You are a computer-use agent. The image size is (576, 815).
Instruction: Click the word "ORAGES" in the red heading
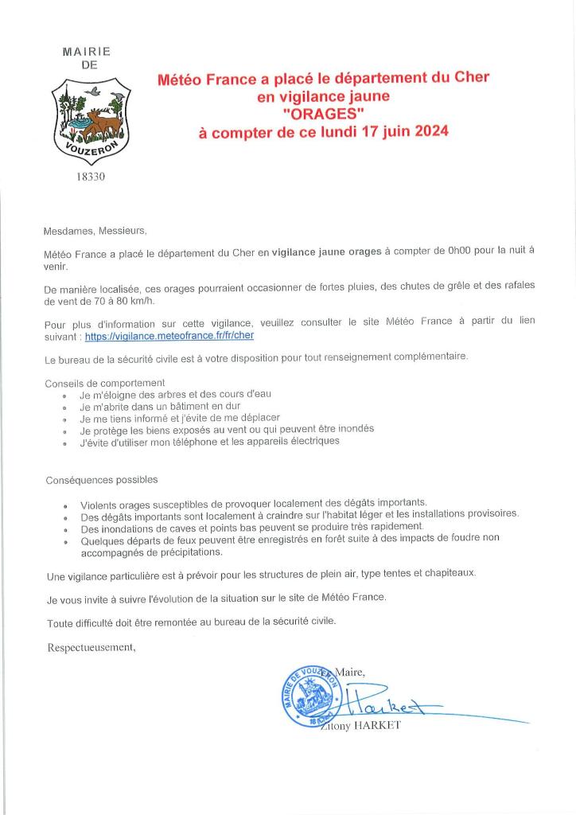click(323, 114)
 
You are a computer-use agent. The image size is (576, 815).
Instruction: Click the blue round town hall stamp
click(308, 692)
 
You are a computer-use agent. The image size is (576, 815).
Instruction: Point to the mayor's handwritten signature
click(382, 700)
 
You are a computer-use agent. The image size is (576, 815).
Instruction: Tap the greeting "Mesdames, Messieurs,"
click(95, 231)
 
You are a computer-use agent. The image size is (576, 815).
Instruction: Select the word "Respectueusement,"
click(91, 648)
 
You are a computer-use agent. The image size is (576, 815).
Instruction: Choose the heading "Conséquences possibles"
click(101, 479)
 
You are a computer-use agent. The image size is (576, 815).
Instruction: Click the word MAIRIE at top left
click(86, 52)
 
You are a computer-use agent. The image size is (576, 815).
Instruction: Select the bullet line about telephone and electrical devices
click(209, 440)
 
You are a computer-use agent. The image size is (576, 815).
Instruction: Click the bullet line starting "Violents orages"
click(253, 503)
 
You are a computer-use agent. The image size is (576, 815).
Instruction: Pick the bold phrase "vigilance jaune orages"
click(326, 252)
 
